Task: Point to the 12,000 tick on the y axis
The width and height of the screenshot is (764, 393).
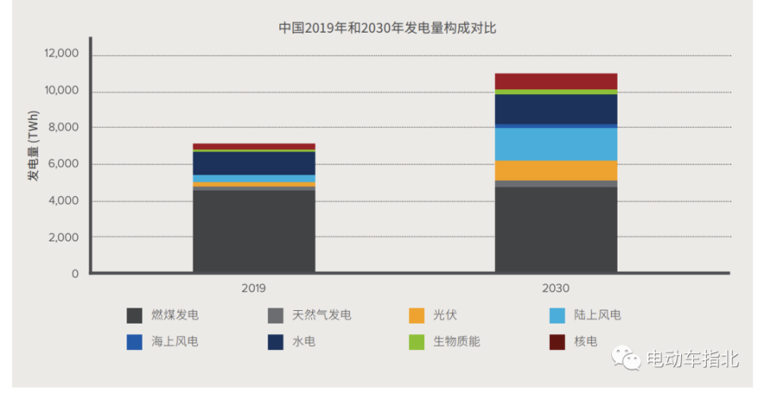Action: [x=62, y=54]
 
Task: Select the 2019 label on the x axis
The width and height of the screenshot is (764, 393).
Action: [x=253, y=288]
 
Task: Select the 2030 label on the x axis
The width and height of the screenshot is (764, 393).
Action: [x=556, y=288]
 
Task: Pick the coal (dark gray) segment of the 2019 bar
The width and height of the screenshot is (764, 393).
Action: [x=254, y=231]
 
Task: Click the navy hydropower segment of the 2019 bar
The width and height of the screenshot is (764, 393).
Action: [x=254, y=163]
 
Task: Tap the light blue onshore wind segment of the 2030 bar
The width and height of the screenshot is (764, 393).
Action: [x=555, y=144]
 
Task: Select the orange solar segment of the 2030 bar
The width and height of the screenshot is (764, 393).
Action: [x=555, y=171]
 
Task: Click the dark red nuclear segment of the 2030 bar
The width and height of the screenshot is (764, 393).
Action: [x=555, y=81]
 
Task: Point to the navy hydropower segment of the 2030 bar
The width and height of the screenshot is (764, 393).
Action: [x=555, y=109]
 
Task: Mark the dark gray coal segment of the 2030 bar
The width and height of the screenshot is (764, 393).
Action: [x=555, y=230]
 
